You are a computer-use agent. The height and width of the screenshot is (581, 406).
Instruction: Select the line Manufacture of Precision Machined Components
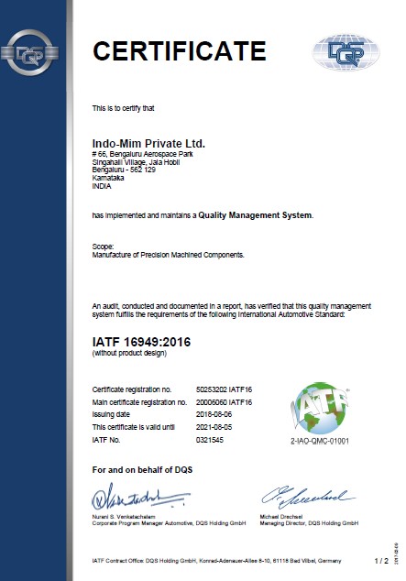pyautogui.click(x=169, y=255)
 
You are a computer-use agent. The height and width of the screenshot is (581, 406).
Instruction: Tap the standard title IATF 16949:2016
pyautogui.click(x=151, y=341)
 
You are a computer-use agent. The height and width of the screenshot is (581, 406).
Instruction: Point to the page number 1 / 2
pyautogui.click(x=381, y=559)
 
